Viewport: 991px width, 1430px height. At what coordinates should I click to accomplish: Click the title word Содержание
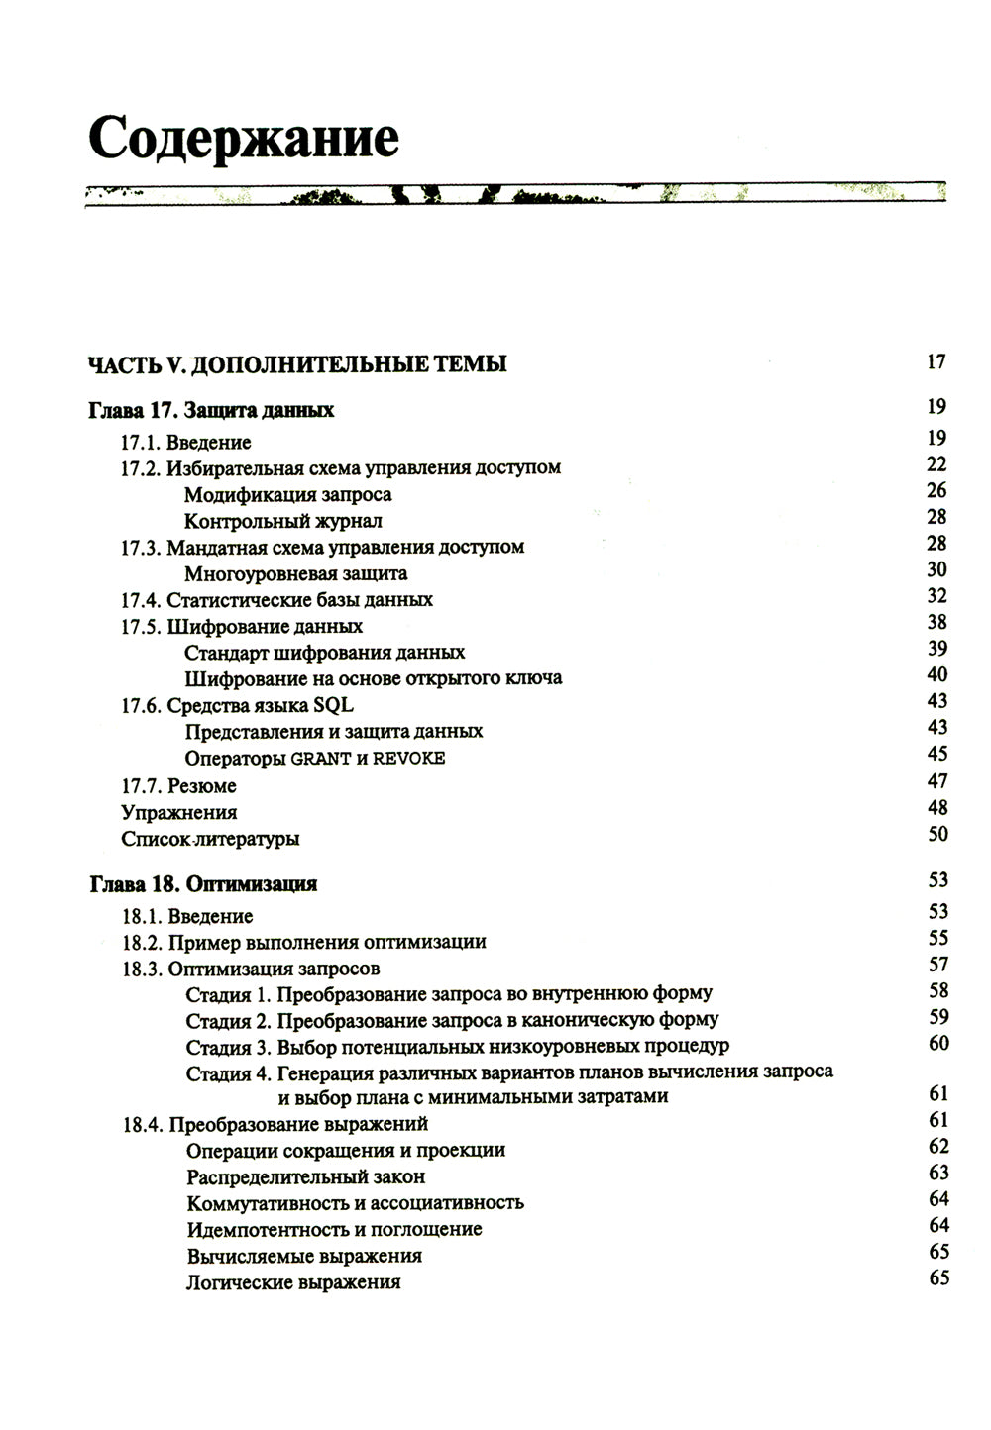click(244, 138)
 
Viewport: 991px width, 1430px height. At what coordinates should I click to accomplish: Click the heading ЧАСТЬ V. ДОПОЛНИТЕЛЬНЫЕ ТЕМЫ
click(297, 364)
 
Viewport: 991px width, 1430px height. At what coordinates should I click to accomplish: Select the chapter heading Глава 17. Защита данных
click(211, 410)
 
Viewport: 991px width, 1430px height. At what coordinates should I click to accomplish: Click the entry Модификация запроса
click(287, 494)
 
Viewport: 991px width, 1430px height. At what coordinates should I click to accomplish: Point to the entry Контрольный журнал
click(282, 521)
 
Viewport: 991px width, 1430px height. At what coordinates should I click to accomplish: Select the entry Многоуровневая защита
click(295, 573)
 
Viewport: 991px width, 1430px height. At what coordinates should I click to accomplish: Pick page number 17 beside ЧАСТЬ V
click(936, 361)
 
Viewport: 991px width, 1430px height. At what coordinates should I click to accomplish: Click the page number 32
click(936, 596)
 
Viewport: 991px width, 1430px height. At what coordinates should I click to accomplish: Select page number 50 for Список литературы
click(937, 834)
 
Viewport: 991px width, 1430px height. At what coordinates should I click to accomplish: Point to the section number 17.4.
click(140, 600)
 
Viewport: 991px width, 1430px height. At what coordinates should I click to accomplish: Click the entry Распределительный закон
click(305, 1176)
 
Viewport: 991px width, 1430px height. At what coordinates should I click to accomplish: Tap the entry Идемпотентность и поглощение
click(334, 1229)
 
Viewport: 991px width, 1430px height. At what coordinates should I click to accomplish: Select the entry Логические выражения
click(293, 1282)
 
